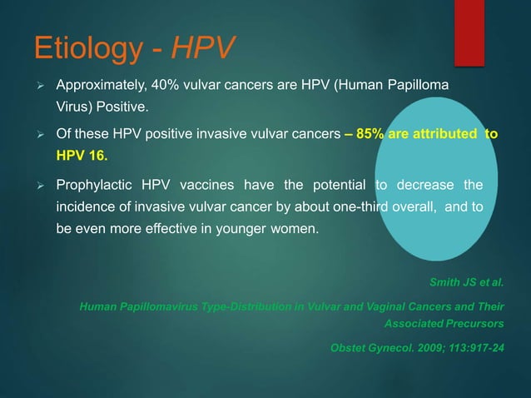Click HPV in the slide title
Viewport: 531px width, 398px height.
pos(200,49)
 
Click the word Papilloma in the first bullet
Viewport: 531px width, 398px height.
pos(419,86)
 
